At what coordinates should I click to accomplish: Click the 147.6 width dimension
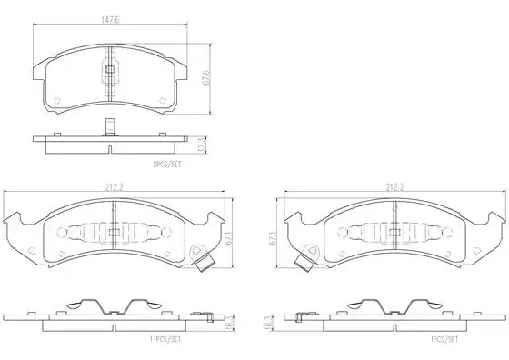pos(111,19)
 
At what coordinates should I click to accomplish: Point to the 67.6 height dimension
pos(206,77)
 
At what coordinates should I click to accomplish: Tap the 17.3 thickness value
pos(202,145)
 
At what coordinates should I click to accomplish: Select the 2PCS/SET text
pos(167,165)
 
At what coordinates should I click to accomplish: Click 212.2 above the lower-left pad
pos(114,187)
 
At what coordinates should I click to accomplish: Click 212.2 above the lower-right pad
pos(394,187)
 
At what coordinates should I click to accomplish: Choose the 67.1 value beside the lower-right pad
pos(274,238)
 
